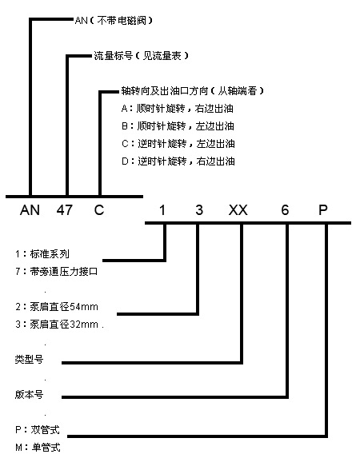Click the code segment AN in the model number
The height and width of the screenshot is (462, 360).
pos(30,210)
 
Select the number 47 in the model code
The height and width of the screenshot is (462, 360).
pos(65,210)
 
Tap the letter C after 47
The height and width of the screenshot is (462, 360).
pos(99,210)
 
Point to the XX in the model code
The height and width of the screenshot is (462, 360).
pos(238,210)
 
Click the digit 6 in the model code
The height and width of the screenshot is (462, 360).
pos(285,210)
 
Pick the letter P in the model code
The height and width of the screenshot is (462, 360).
pos(323,210)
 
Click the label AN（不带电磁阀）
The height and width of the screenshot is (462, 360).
pos(114,21)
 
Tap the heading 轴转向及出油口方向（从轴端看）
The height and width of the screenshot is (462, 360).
pos(193,91)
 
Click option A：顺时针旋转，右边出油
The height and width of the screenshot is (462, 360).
pos(178,109)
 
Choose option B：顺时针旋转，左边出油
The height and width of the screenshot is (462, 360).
pos(178,126)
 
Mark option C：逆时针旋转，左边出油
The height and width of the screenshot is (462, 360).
pos(178,144)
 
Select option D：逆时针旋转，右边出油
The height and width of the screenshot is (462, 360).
pos(178,161)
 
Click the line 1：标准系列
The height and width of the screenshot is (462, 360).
pos(42,253)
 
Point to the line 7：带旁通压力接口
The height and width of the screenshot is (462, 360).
pos(56,272)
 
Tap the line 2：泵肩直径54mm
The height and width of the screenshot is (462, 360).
pos(57,307)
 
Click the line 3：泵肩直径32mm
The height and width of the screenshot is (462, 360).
pos(57,324)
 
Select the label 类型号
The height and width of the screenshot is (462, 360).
pos(29,359)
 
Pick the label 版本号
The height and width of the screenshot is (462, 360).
pos(29,394)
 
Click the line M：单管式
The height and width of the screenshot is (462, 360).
pos(38,448)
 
